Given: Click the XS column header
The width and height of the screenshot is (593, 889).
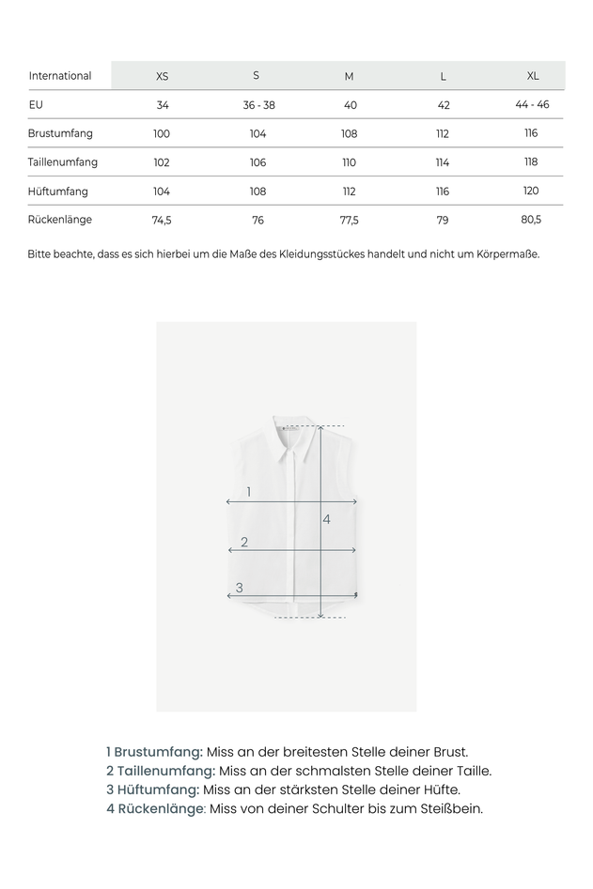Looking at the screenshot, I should (162, 76).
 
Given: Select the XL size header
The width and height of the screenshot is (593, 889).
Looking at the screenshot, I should (533, 75).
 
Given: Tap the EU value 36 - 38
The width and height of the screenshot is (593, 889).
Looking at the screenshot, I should (258, 105).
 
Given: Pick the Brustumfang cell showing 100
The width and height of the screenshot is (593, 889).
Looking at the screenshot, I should (162, 134).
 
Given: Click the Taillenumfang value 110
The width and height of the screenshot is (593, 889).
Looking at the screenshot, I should (350, 162).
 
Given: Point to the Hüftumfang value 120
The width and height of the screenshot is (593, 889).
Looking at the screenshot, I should (531, 191).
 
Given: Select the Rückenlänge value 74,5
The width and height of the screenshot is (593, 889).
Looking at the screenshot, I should (162, 221).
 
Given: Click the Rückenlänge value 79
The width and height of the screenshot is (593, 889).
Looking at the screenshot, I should (443, 221).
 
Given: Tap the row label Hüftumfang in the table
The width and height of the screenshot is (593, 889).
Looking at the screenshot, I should (58, 192).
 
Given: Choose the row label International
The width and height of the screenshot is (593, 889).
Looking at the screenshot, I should (60, 76).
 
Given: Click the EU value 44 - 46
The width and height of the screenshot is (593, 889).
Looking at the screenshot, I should (532, 104).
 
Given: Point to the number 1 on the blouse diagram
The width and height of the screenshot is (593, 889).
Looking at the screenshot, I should (248, 492).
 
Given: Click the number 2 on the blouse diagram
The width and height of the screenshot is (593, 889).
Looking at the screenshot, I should (244, 542).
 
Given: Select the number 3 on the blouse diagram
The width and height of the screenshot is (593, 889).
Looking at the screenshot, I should (240, 588).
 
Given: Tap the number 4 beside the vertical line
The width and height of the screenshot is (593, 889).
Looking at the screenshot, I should (327, 518).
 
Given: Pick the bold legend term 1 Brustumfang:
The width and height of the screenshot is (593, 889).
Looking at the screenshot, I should (154, 752).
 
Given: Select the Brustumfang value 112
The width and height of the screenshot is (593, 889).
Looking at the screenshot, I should (443, 134).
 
